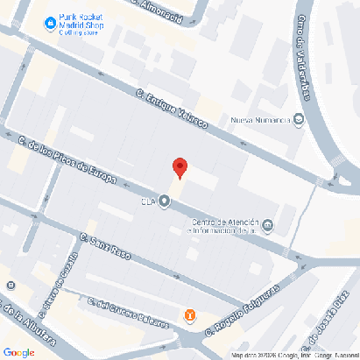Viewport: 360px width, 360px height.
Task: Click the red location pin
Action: pyautogui.click(x=180, y=167)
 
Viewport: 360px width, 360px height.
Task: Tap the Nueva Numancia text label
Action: pyautogui.click(x=260, y=120)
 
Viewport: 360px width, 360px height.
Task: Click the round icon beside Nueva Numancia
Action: pyautogui.click(x=299, y=119)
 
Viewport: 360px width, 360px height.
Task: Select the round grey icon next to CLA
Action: pyautogui.click(x=164, y=201)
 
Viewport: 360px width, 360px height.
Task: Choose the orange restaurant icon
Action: pyautogui.click(x=188, y=315)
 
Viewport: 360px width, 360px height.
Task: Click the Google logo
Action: pyautogui.click(x=19, y=351)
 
